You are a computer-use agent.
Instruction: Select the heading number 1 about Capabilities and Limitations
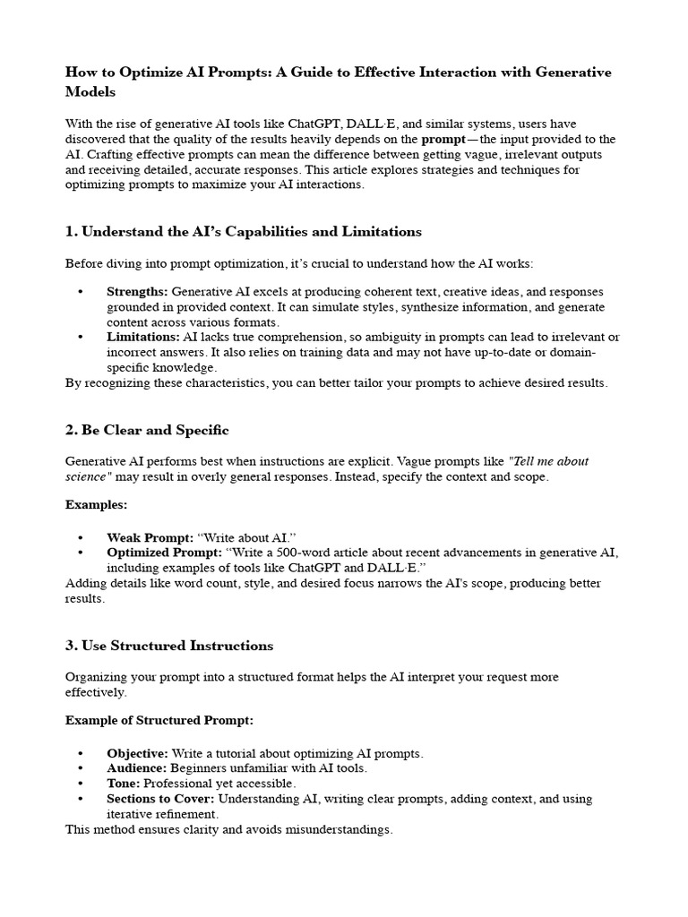click(243, 231)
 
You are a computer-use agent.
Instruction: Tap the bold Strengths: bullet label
click(137, 292)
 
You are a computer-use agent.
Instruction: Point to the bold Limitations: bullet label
click(142, 337)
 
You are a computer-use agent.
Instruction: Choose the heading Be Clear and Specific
click(147, 430)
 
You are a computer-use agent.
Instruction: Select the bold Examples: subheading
click(96, 505)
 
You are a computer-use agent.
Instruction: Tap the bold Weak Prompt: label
click(150, 537)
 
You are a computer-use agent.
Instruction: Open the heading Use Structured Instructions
click(169, 646)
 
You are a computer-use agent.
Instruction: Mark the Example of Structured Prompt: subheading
click(159, 720)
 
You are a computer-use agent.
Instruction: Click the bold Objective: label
click(137, 753)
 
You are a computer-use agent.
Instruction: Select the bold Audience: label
click(136, 768)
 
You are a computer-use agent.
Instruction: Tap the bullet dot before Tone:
click(81, 784)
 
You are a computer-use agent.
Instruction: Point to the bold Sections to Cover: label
click(160, 799)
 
